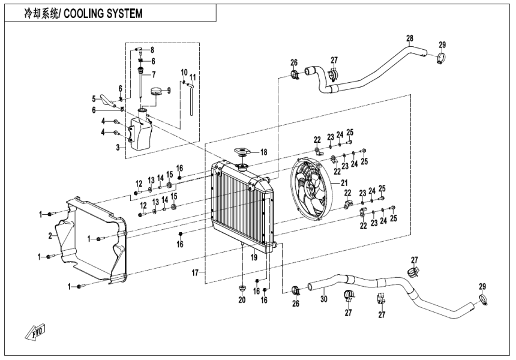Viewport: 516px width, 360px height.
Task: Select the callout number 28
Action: (409, 39)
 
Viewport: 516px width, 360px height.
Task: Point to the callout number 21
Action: (344, 183)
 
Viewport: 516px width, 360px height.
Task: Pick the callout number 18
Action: (263, 152)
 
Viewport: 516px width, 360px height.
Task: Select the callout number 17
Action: (194, 273)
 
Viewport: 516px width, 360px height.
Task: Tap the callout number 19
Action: (254, 257)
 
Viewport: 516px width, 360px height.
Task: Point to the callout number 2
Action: (58, 236)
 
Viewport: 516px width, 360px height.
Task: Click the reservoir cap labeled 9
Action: (158, 92)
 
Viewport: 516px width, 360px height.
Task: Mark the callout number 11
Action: (193, 77)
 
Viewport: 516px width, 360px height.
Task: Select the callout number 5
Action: (94, 99)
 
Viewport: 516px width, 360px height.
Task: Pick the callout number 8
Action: (152, 49)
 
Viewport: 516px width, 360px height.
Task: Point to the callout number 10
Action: (184, 71)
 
